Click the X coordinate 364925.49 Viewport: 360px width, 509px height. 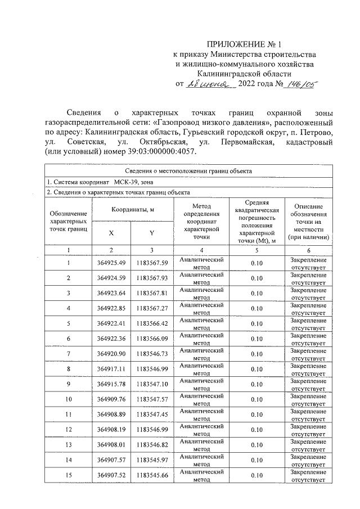[110, 263]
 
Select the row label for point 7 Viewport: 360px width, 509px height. [68, 353]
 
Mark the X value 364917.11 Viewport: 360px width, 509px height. [110, 368]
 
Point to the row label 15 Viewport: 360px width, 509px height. [68, 475]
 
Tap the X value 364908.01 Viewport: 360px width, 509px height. [110, 444]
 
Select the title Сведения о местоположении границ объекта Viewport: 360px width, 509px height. [188, 171]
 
